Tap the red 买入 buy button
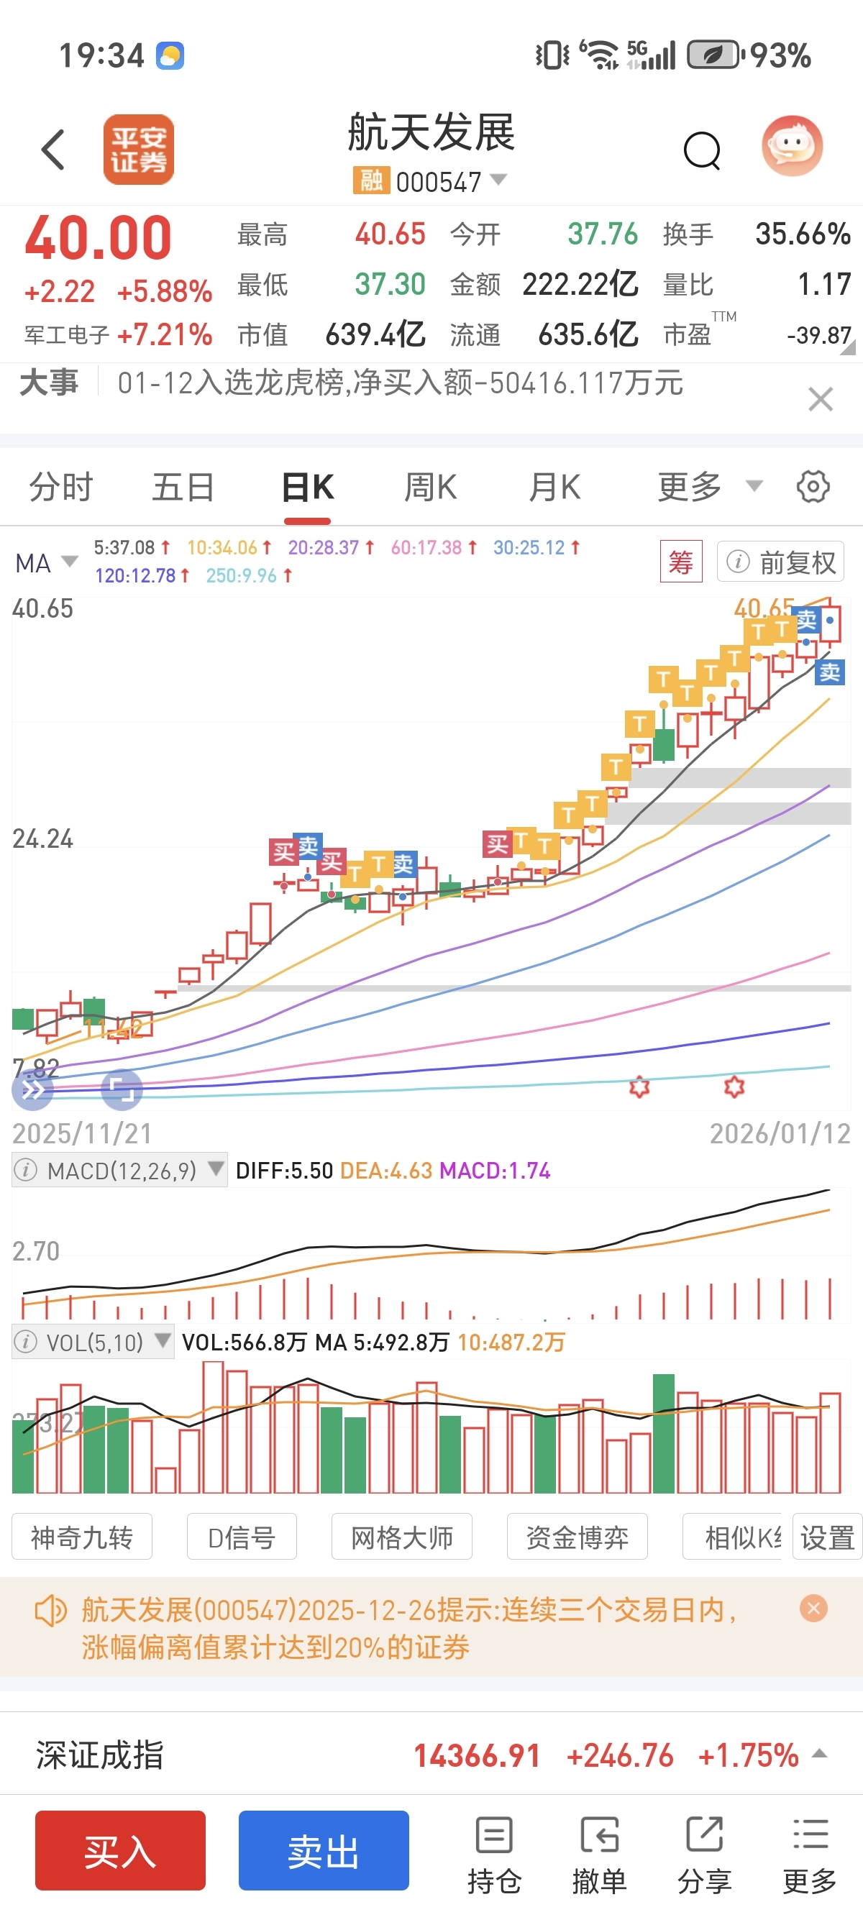pos(120,1850)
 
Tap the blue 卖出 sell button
pos(324,1850)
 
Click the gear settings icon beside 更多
pos(813,487)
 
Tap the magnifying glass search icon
pos(702,151)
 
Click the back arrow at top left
pos(53,150)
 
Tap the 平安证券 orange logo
pos(138,150)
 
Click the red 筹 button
pos(680,562)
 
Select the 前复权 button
pos(781,562)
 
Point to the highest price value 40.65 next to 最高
pos(390,234)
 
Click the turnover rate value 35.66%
pos(803,234)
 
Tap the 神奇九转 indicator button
pos(81,1537)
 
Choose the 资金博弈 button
pos(577,1537)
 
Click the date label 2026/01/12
pos(780,1133)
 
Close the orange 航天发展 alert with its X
pos(813,1608)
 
